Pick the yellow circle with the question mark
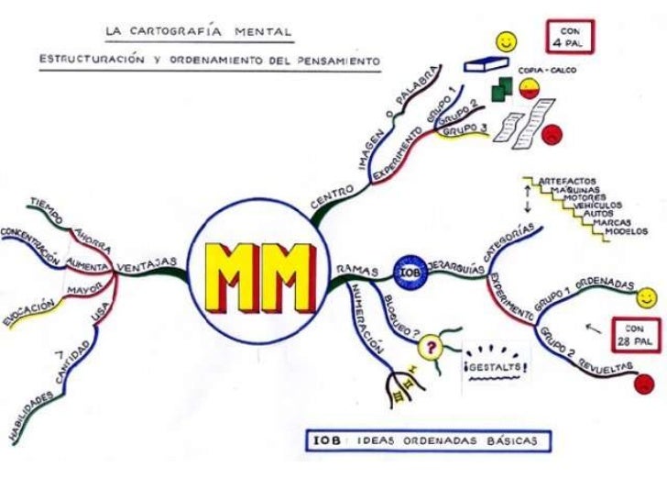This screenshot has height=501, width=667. [x=429, y=348]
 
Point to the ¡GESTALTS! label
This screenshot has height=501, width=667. [x=498, y=368]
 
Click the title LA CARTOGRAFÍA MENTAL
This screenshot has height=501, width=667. [x=198, y=32]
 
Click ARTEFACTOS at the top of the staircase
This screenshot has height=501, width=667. [x=567, y=181]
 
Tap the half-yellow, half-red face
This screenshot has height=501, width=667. [x=528, y=88]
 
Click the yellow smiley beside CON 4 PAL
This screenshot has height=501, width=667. [x=505, y=42]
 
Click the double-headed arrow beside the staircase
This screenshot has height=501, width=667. [x=528, y=198]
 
